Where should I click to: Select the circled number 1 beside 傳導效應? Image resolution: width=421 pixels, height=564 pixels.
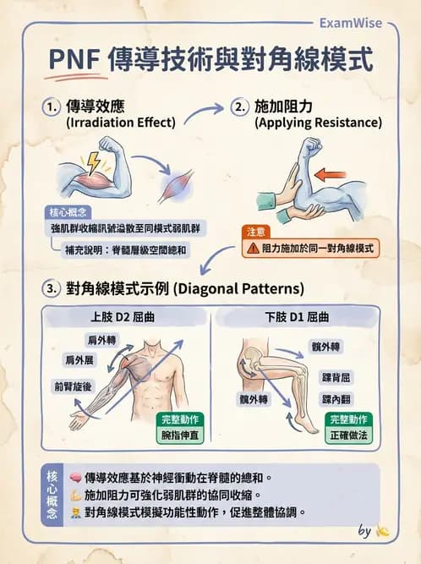coord(53,107)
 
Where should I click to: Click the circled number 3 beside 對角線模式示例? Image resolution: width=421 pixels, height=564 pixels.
coord(53,288)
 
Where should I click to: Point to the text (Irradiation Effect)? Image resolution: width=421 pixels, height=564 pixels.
coord(120,123)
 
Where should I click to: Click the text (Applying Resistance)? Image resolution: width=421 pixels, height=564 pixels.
coord(318,123)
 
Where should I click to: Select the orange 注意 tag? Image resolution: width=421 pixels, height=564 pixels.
coord(255,231)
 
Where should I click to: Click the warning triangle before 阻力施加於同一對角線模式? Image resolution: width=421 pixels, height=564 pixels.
coord(253,249)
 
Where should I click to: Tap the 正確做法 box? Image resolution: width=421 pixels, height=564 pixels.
coord(347,435)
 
